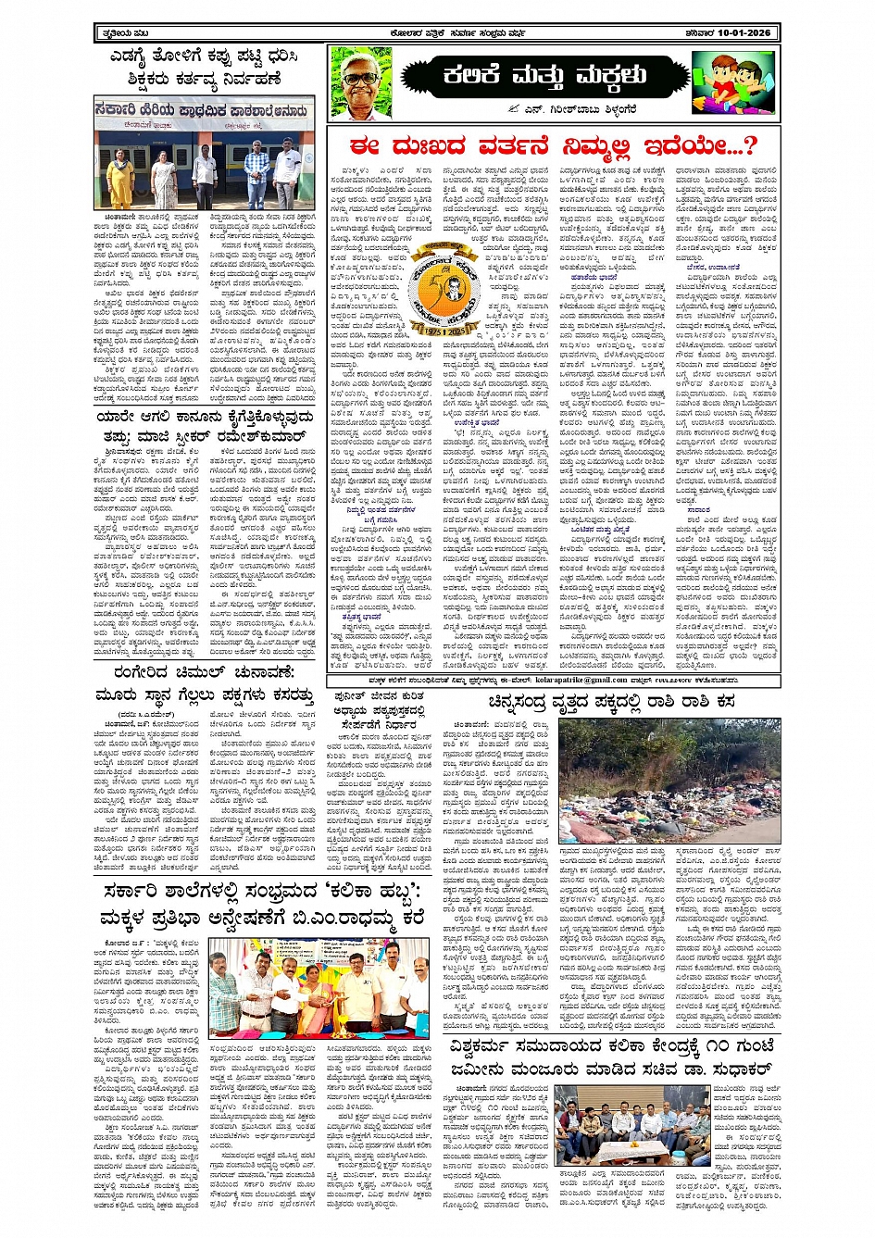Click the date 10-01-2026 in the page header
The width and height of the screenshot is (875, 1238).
tap(741, 33)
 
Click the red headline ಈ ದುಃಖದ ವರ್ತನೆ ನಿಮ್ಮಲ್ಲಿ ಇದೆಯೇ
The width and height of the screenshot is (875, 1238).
tap(554, 146)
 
